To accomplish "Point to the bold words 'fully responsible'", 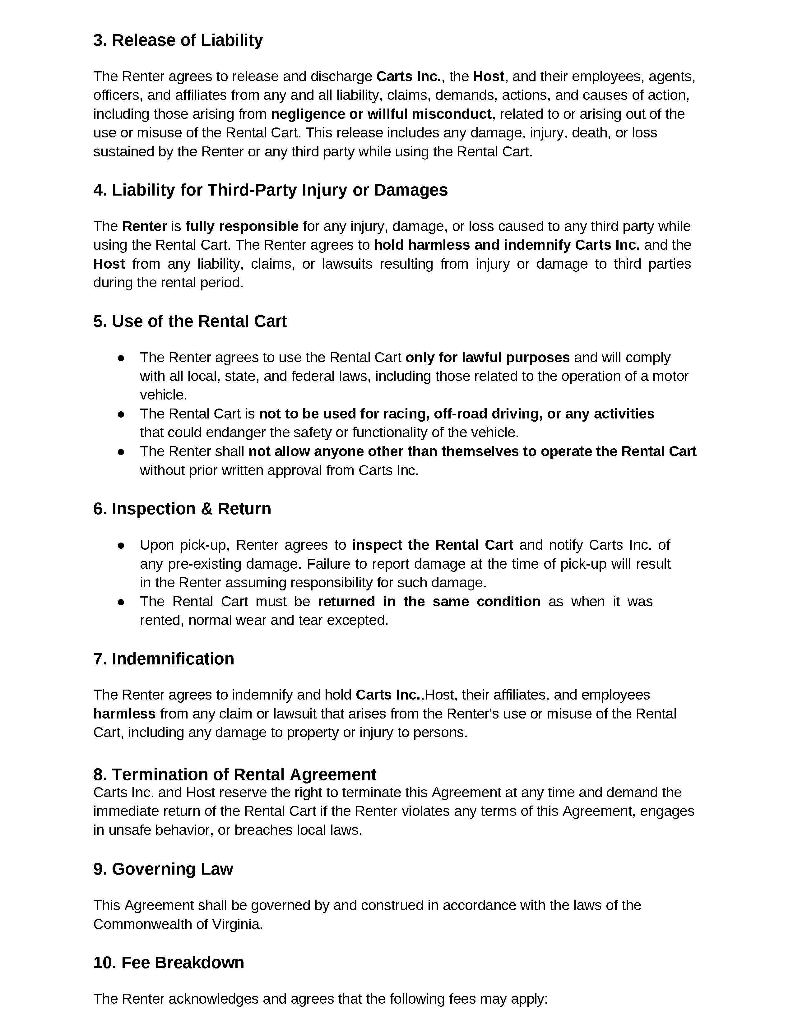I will click(242, 226).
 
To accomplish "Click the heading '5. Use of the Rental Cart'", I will click(190, 321).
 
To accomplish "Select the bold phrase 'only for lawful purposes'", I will click(487, 358).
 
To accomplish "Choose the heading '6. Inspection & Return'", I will click(182, 509).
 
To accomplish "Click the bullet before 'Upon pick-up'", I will click(121, 545).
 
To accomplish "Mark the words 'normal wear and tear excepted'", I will click(288, 621).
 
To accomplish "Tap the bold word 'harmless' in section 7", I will click(124, 714).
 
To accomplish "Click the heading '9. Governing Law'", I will click(163, 869).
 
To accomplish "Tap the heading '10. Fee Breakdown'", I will click(169, 963).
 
